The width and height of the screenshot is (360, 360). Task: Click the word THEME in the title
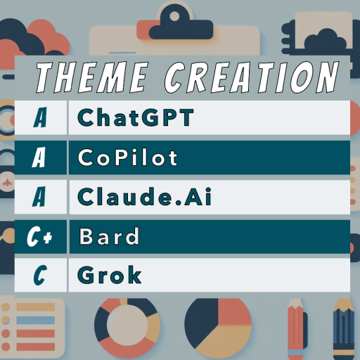point(92,77)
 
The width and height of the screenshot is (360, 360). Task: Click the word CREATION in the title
point(252,77)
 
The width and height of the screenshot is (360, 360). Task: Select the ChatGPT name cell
point(136,117)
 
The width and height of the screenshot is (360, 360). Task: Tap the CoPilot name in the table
point(127,157)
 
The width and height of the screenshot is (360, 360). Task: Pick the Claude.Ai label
point(144,197)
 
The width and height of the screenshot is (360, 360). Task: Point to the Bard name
point(109,236)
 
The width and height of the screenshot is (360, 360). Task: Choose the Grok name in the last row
point(109,274)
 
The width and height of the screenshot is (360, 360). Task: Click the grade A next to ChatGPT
point(40,117)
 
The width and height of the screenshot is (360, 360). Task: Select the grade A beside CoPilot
point(39,157)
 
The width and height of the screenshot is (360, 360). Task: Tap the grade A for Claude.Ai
point(39,197)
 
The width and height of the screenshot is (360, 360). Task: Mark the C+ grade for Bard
point(39,236)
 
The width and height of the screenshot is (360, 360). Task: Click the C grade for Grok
point(40,275)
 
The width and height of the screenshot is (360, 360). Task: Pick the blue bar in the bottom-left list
point(36,320)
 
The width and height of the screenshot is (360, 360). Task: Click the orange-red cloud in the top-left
point(48,35)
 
